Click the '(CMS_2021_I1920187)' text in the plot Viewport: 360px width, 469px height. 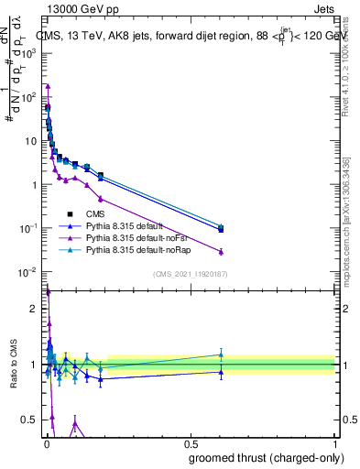click(x=191, y=273)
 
